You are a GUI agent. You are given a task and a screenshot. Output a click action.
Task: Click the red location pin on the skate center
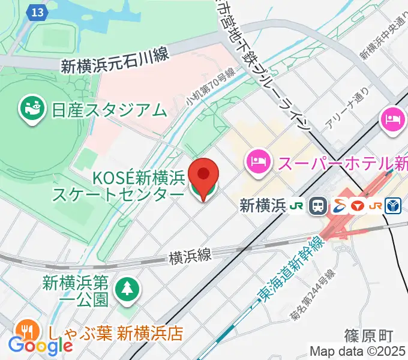pos(204,175)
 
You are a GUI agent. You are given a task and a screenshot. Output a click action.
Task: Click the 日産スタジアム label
pos(109,110)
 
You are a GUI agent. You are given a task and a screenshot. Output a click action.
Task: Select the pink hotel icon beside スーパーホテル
pos(257,161)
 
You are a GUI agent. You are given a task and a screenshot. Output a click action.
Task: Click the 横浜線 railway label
pos(190,257)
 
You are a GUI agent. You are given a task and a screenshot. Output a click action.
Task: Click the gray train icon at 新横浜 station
pos(318,206)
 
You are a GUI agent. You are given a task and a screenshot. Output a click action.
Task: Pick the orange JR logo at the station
pos(376,206)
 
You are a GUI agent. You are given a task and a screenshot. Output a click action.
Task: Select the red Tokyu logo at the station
pos(358,206)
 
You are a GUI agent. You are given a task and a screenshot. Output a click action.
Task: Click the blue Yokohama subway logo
pos(394,206)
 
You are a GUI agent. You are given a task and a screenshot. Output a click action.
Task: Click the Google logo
pos(40,345)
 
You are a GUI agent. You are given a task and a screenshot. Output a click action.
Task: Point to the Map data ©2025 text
pos(358,351)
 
